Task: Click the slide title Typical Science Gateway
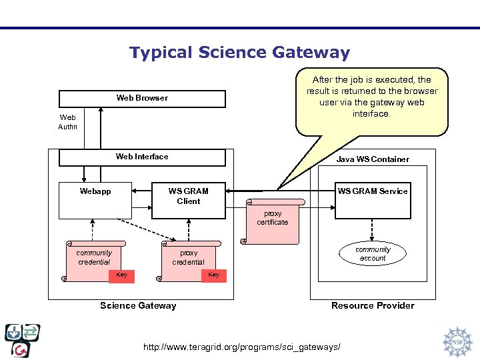239,53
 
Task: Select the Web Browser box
142,99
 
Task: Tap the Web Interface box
142,157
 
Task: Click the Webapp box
95,200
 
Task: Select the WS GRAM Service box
372,200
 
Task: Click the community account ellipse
373,254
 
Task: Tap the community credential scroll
95,257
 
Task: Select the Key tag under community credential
121,275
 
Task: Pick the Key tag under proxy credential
213,275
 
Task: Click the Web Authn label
68,122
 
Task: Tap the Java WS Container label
373,159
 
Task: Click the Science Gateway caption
138,306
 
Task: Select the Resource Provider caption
373,306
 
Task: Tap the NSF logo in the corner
457,341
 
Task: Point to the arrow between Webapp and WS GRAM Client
141,191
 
